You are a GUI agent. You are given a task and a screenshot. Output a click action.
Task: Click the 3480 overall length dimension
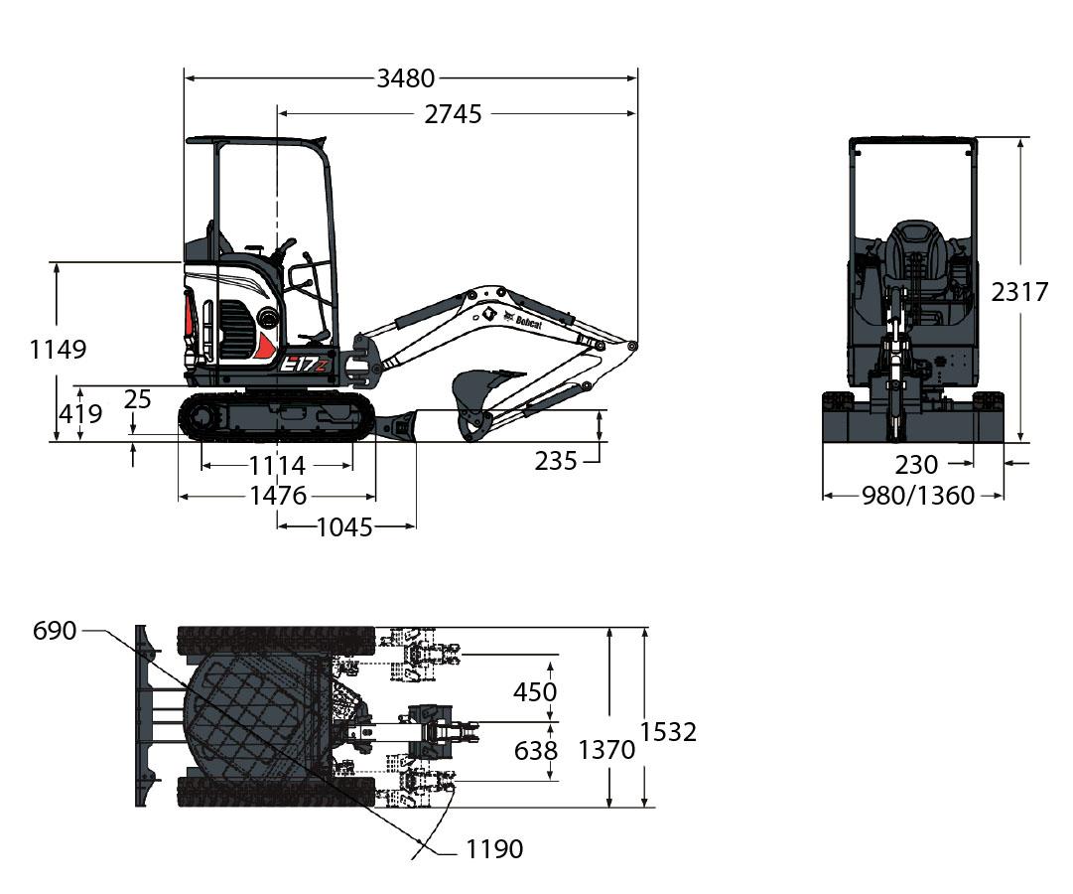pos(406,78)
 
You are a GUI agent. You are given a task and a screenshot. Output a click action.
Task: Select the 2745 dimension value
pos(453,113)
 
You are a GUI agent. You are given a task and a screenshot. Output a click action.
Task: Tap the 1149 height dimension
pos(59,350)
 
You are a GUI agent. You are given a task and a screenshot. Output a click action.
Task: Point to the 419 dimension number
pos(80,414)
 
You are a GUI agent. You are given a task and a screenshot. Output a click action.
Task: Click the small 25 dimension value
pos(138,398)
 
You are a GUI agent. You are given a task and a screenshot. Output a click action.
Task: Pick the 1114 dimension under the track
pos(277,466)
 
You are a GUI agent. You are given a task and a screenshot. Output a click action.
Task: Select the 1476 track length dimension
pos(278,496)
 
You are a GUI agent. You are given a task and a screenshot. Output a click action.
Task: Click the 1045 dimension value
pos(344,526)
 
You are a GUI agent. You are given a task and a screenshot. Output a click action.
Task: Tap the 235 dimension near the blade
pos(556,461)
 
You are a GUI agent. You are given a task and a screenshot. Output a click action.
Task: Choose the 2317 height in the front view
pos(1019,292)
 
